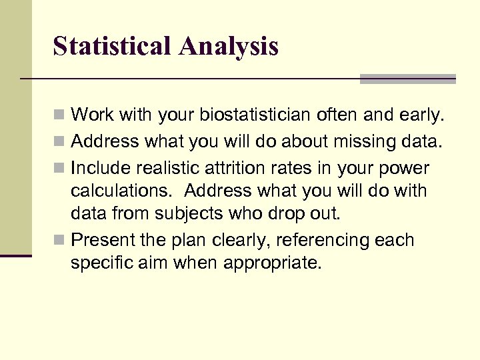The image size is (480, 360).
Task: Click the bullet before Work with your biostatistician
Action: click(x=59, y=116)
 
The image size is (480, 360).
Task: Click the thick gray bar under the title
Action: click(x=407, y=79)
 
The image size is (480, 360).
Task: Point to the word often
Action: click(x=340, y=115)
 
